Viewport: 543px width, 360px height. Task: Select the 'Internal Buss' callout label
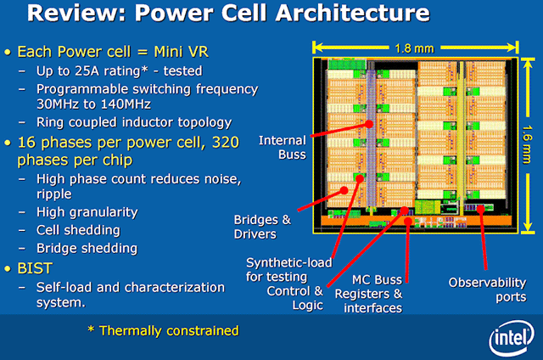coord(282,148)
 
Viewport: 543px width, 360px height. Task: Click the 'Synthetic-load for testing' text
coord(289,268)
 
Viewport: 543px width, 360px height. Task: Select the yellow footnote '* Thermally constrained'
coord(163,330)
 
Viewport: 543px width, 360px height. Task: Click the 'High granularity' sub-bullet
coord(87,212)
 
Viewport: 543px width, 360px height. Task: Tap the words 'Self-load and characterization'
coord(132,287)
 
